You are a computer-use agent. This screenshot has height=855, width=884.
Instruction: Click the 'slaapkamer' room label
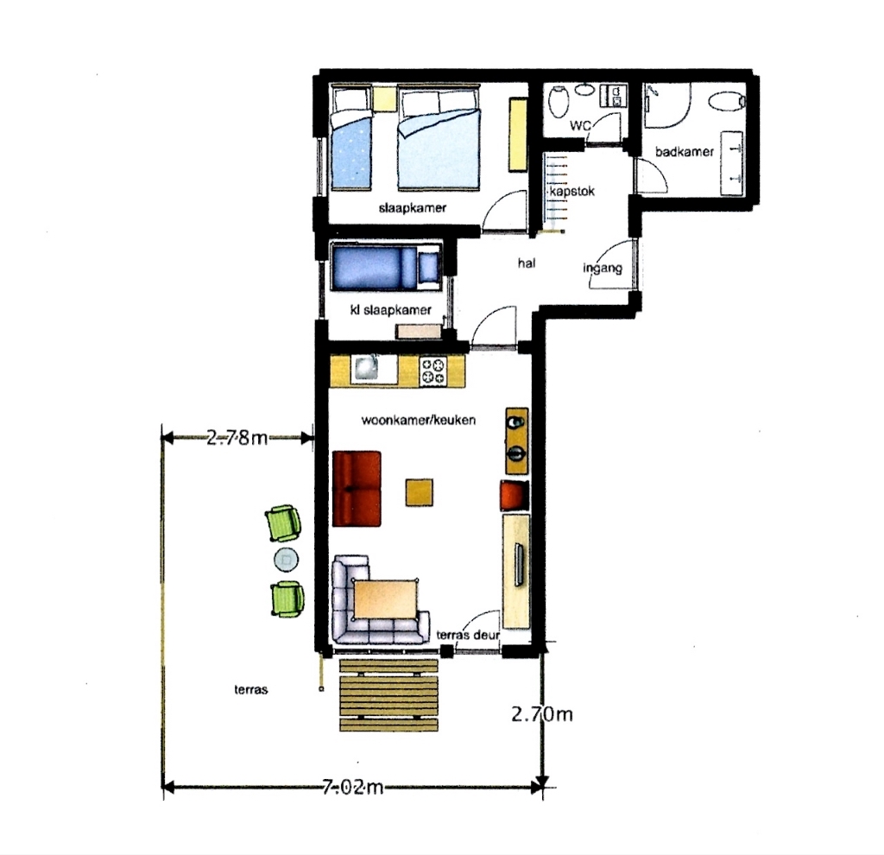pyautogui.click(x=412, y=207)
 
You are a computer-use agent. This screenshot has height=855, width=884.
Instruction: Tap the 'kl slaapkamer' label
pyautogui.click(x=390, y=310)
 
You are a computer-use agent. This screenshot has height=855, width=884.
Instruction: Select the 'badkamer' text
pyautogui.click(x=685, y=151)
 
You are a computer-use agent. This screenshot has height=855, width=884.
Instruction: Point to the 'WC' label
pyautogui.click(x=580, y=124)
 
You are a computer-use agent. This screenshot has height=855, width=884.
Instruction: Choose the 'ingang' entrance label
pyautogui.click(x=602, y=268)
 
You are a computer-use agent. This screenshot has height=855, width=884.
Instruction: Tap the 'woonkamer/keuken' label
pyautogui.click(x=419, y=421)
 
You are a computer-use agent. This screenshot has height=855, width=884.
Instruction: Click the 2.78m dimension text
pyautogui.click(x=237, y=437)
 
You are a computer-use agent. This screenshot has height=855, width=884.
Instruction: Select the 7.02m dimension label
pyautogui.click(x=353, y=786)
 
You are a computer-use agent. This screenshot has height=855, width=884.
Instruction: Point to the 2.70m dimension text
pyautogui.click(x=542, y=714)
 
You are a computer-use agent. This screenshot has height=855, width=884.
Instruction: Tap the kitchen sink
pyautogui.click(x=366, y=370)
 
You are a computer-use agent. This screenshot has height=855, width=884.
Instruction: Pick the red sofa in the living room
pyautogui.click(x=357, y=489)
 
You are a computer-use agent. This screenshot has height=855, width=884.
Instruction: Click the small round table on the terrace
pyautogui.click(x=287, y=560)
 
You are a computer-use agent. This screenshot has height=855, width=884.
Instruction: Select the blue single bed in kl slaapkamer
pyautogui.click(x=386, y=267)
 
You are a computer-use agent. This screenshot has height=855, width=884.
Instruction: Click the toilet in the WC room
pyautogui.click(x=559, y=102)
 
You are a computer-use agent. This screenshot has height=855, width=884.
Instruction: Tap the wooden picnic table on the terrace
pyautogui.click(x=388, y=695)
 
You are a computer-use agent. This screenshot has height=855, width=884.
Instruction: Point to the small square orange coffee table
pyautogui.click(x=420, y=492)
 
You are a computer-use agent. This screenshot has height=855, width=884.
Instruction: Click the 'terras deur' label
pyautogui.click(x=468, y=635)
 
